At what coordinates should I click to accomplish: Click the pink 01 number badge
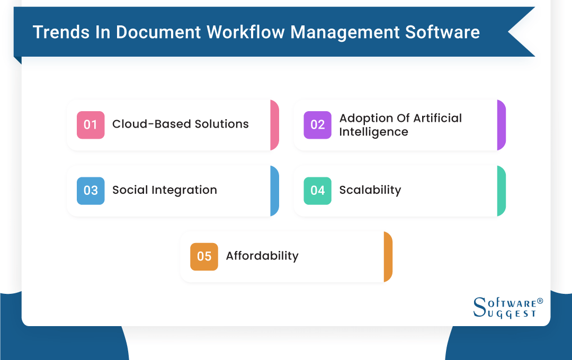91,125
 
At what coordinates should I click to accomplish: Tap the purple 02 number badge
317,125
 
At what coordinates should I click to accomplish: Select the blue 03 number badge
91,191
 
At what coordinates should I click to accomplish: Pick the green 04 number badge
317,191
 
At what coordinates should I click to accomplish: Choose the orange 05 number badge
204,256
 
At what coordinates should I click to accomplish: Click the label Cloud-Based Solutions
180,124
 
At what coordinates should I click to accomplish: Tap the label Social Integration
164,190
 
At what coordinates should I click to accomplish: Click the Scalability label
370,190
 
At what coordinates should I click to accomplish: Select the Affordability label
262,256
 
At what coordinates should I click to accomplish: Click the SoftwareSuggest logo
507,307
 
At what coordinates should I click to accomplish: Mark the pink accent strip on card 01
274,125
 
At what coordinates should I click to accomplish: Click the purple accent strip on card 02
501,125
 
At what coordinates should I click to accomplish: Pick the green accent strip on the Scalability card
501,191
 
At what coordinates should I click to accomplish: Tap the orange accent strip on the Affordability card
388,256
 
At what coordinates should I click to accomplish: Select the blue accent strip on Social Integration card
274,191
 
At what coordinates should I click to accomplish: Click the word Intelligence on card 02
373,132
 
